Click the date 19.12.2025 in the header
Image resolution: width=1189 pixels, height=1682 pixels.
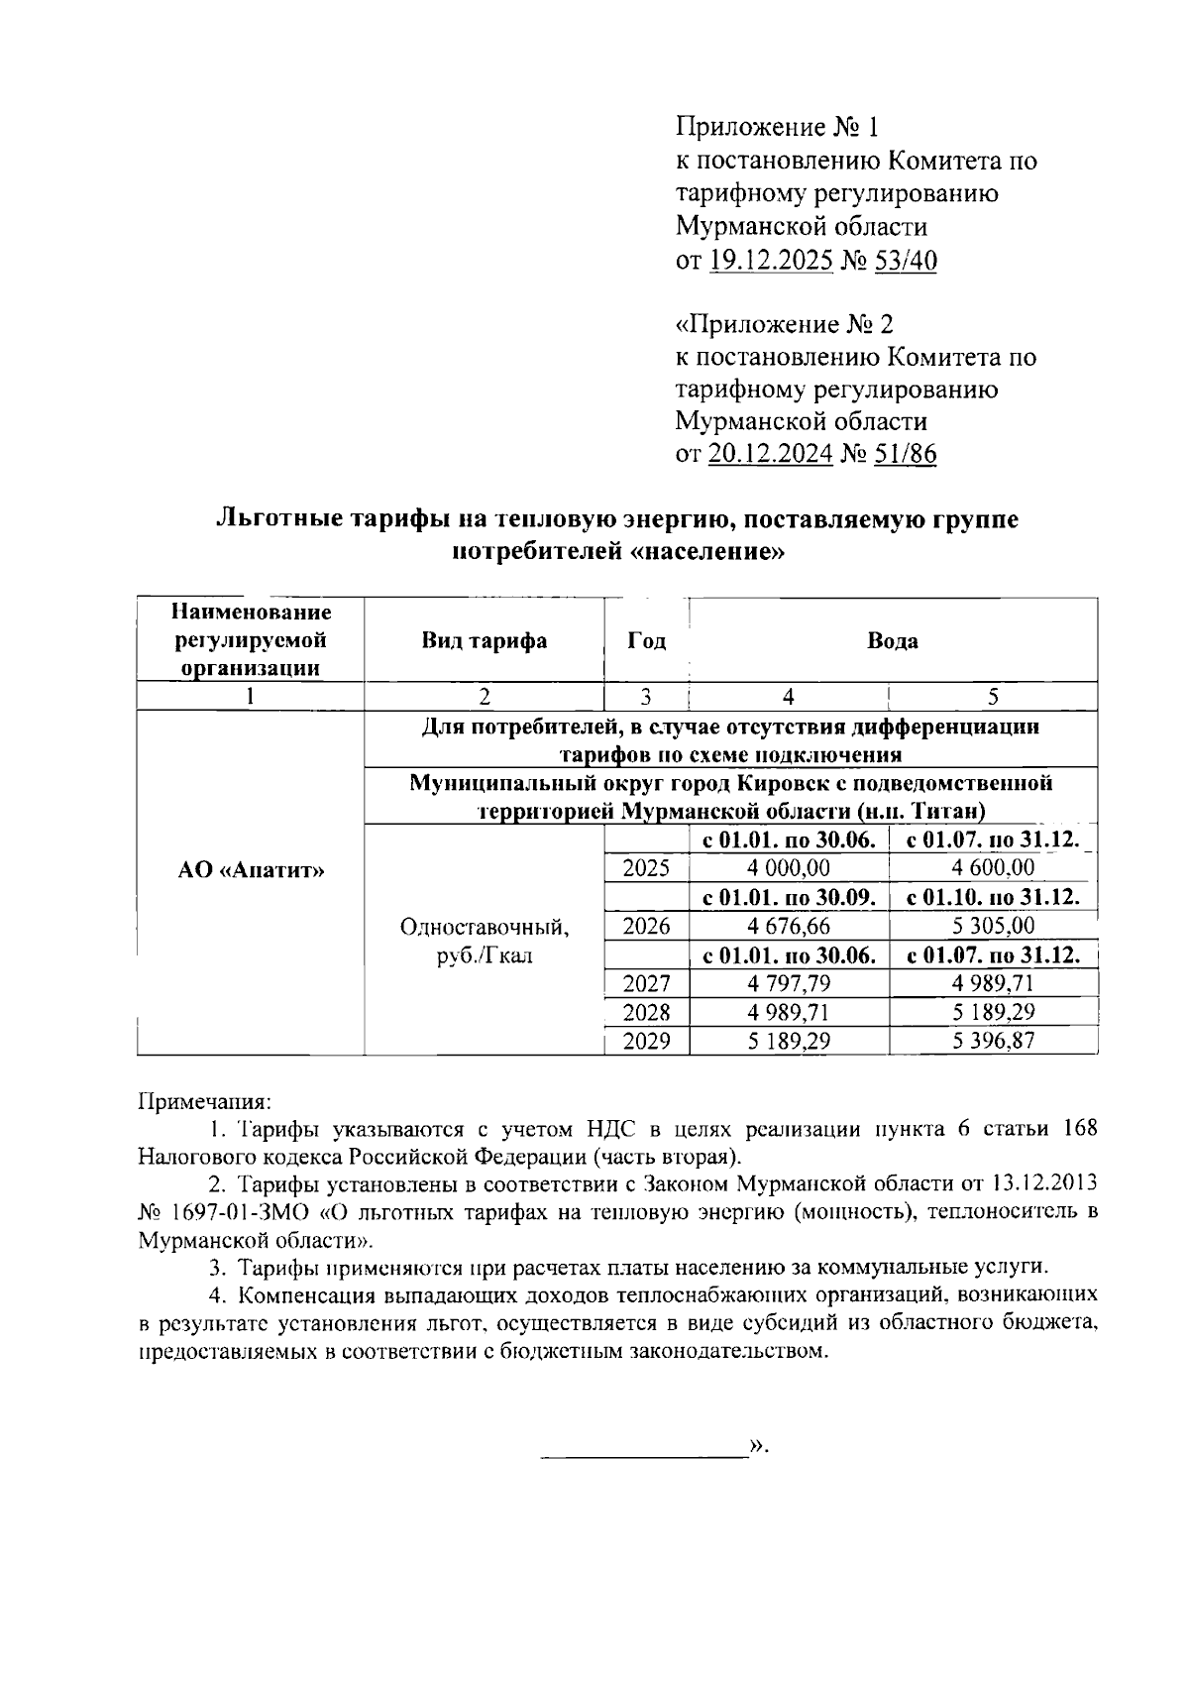point(771,261)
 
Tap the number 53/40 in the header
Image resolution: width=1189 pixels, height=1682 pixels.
point(905,261)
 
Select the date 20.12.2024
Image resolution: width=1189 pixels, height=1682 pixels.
point(771,455)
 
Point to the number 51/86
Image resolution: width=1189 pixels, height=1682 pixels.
point(905,455)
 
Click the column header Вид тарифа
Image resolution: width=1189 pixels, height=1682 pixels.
point(484,640)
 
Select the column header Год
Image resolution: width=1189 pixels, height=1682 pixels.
point(646,640)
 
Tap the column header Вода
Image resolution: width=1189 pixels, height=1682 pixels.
point(892,640)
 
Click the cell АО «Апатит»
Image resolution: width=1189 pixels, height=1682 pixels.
point(252,870)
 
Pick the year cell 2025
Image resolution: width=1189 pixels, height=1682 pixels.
point(646,869)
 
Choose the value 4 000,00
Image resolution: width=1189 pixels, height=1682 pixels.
point(790,869)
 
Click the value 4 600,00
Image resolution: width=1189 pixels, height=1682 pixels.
point(993,869)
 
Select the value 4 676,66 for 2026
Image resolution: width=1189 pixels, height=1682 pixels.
point(790,927)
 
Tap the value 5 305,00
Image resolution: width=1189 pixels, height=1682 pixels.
point(993,927)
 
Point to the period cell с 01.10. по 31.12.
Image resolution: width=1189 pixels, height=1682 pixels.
point(993,898)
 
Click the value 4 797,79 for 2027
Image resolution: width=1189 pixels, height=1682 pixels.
point(790,984)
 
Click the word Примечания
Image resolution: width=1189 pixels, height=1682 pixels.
point(203,1101)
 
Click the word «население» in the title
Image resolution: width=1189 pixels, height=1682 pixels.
point(706,552)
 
